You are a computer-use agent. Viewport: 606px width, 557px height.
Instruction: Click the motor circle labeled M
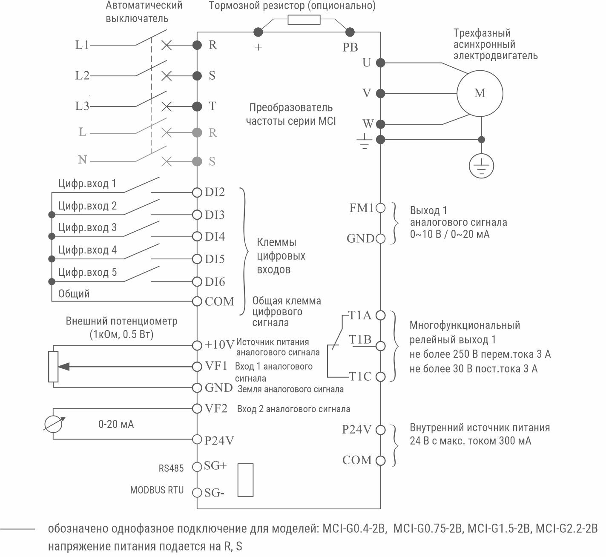[480, 93]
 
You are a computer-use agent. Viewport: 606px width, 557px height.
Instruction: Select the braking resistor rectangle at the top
[304, 20]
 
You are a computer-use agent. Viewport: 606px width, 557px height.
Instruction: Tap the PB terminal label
[350, 47]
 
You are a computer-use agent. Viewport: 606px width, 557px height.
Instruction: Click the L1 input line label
[82, 45]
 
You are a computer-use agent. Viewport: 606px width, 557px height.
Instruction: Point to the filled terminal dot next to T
[197, 106]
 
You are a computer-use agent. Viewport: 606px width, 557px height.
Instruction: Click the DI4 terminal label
[215, 237]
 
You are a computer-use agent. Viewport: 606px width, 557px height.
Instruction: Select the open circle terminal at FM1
[381, 208]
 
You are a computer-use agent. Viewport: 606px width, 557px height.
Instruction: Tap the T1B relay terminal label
[360, 340]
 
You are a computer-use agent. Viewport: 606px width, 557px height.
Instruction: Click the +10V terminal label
[219, 345]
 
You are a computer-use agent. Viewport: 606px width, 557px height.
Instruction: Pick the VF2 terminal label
[216, 409]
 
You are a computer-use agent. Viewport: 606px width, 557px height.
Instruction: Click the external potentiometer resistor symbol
[53, 366]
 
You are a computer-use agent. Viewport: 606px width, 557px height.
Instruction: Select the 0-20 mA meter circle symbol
[54, 424]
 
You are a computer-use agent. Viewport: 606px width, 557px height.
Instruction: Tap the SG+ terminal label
[215, 466]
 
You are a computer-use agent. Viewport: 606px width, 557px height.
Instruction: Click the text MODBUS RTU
[157, 490]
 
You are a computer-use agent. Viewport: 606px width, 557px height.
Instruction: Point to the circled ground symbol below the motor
[481, 165]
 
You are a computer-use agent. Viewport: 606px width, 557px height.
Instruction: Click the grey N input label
[82, 160]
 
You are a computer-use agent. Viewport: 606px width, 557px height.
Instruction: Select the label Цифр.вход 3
[87, 228]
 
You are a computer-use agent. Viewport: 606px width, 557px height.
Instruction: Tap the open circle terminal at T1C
[381, 377]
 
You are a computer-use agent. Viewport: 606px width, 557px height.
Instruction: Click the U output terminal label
[367, 63]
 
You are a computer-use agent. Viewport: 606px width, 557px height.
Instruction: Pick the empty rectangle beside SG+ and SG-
[245, 479]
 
